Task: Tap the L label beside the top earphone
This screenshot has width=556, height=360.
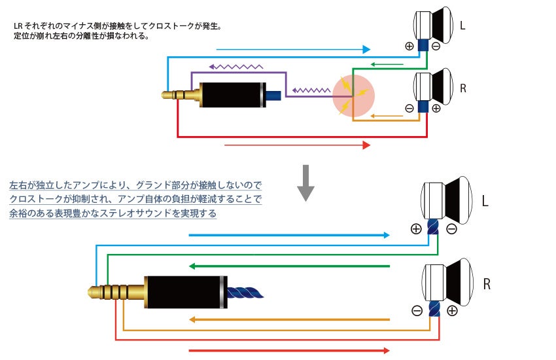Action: [x=462, y=27]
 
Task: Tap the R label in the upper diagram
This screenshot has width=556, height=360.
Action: [x=463, y=87]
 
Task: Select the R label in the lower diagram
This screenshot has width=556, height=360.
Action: [x=487, y=284]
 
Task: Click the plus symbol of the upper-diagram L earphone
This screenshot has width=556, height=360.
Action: [x=409, y=46]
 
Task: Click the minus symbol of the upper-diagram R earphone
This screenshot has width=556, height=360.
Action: [x=409, y=108]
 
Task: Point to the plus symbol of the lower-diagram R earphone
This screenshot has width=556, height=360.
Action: [x=452, y=311]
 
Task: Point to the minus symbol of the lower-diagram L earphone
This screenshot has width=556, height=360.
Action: [x=451, y=229]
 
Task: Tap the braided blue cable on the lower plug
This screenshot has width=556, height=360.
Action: [x=245, y=292]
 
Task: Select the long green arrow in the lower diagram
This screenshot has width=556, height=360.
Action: [x=288, y=266]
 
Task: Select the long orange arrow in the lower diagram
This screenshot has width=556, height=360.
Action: [x=288, y=319]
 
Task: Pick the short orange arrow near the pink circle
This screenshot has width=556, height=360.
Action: [x=385, y=117]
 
